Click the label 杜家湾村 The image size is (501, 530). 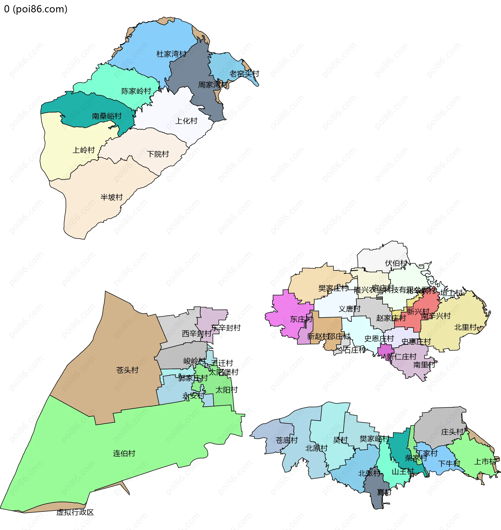click(171, 54)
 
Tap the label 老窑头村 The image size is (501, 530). click(244, 74)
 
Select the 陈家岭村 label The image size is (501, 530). click(136, 91)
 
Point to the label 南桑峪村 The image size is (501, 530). click(107, 116)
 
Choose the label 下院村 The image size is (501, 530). click(158, 154)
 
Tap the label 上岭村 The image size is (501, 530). click(84, 150)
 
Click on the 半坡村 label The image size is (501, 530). click(111, 197)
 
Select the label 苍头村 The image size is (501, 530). click(127, 370)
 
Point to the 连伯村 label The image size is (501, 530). click(124, 454)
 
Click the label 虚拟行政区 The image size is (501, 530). click(75, 512)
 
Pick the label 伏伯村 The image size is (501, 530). click(396, 263)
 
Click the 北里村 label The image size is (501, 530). click(466, 327)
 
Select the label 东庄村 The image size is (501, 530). click(301, 319)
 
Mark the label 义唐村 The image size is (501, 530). click(350, 309)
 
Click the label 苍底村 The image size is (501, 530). click(287, 440)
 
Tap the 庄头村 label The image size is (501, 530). click(452, 432)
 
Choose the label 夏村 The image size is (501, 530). click(384, 492)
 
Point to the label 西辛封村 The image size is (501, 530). click(196, 334)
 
